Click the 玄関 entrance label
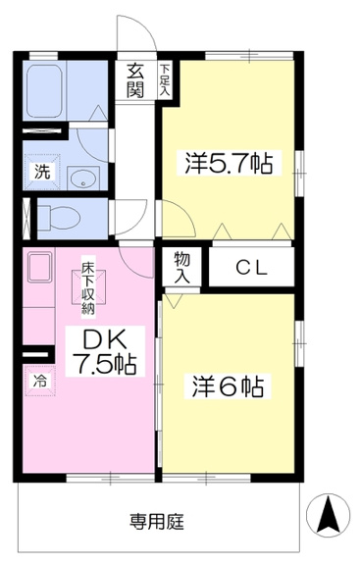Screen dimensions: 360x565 tap(135, 81)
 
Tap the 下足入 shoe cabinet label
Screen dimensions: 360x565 tap(165, 79)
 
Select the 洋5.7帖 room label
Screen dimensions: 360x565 tap(229, 163)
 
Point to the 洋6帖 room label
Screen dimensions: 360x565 tap(228, 386)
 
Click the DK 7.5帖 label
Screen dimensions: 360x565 tap(105, 351)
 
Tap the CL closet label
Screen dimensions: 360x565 tap(252, 268)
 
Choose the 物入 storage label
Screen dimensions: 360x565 tap(182, 267)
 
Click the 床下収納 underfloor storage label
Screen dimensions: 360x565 tap(87, 288)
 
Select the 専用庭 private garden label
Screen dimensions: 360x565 tap(157, 522)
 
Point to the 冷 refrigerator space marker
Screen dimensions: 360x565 tap(40, 381)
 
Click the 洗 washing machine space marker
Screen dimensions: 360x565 tap(42, 172)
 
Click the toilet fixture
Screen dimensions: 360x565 tap(59, 218)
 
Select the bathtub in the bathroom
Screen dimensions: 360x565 tap(44, 91)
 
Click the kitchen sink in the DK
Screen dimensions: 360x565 tap(39, 267)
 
